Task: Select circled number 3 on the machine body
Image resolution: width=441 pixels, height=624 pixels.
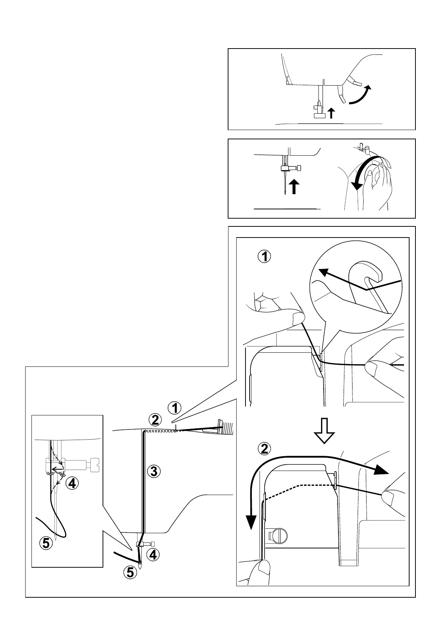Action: click(154, 471)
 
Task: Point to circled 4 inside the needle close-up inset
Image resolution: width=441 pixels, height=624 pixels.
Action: click(72, 483)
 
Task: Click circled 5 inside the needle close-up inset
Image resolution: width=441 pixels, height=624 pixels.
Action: click(46, 543)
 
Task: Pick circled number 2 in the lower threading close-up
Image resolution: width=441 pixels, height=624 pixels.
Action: click(264, 449)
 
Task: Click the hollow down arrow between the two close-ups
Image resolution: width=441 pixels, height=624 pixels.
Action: click(324, 431)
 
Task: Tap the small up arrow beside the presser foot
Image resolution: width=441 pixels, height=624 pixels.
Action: click(331, 113)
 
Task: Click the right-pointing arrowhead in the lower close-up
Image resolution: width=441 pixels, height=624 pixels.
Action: click(381, 469)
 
